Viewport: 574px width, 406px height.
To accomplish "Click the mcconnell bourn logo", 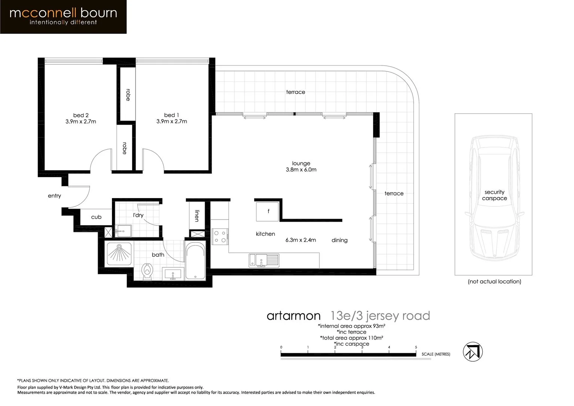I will (x=63, y=17).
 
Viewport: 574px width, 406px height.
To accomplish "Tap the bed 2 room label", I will (x=81, y=115).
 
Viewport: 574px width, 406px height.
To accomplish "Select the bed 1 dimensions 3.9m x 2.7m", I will (x=172, y=121).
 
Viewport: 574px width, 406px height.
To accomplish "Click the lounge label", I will (x=301, y=164).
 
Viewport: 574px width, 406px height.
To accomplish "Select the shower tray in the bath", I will (x=120, y=254).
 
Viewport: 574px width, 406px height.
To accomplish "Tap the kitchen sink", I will (x=264, y=260).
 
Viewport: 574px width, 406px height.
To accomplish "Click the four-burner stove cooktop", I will (x=220, y=236).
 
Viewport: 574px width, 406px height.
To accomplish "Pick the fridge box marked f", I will (x=268, y=212).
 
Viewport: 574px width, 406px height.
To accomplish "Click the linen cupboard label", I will (x=197, y=216).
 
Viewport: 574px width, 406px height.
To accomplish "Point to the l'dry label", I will (x=138, y=215).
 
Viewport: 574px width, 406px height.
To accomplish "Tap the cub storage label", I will (x=96, y=217).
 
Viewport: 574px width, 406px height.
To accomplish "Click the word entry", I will (x=54, y=196).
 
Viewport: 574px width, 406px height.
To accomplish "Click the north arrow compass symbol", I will (x=472, y=352).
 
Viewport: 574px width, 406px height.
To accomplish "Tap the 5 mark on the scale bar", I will (x=416, y=347).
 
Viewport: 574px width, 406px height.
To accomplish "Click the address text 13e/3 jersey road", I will (x=380, y=316).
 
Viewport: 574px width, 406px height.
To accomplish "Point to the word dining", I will (x=339, y=240).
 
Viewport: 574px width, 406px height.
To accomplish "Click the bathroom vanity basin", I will (x=173, y=274).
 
